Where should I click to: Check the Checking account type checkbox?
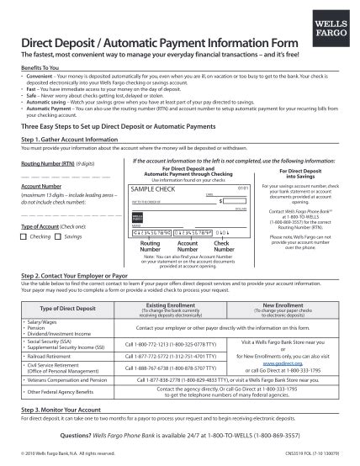pyautogui.click(x=24, y=236)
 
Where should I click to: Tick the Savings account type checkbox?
pyautogui.click(x=59, y=236)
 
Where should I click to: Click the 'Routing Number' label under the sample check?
pyautogui.click(x=150, y=246)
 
